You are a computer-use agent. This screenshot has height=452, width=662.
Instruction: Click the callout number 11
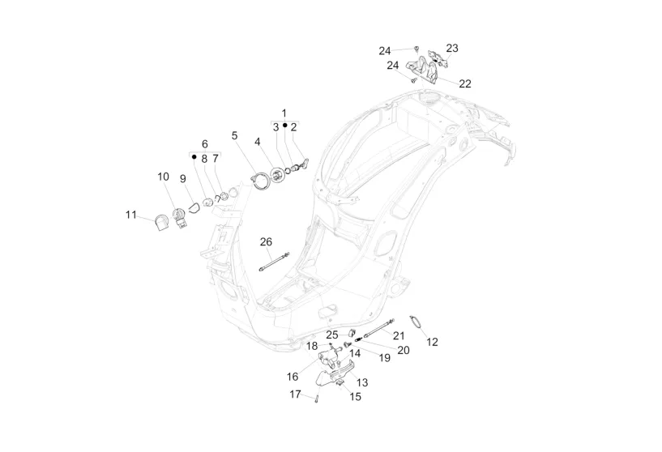130,215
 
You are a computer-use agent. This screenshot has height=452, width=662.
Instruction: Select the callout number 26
266,241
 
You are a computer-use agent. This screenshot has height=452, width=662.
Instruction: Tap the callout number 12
432,342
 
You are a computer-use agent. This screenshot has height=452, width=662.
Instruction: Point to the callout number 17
296,394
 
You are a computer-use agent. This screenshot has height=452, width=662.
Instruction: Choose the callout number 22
465,83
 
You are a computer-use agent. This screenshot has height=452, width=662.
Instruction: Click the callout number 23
451,48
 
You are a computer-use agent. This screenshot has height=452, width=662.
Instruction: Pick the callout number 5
235,135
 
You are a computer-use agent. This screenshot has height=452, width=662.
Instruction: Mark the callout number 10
163,177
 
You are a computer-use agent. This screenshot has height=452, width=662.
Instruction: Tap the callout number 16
293,377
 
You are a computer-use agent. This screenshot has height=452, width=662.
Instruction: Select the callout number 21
399,335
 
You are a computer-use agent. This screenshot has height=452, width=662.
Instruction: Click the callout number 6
205,143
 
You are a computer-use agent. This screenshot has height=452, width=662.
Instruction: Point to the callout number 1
284,112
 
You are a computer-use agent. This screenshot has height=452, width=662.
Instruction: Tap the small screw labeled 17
317,396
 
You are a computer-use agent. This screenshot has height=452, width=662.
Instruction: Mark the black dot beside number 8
194,158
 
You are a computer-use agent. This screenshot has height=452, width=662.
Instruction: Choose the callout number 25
332,335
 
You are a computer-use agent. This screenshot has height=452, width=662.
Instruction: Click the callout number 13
361,382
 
